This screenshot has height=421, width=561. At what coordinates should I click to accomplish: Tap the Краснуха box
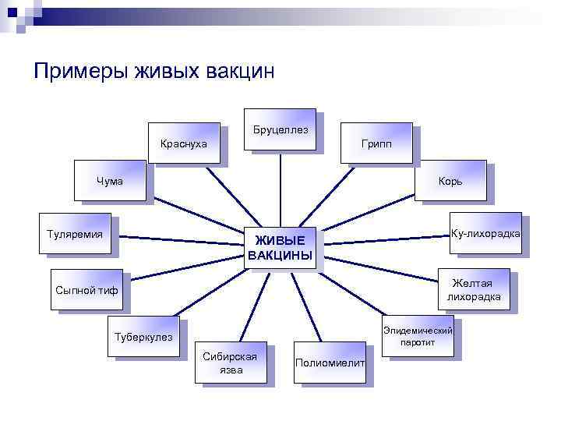183,143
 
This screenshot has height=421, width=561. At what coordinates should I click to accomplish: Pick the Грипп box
376,143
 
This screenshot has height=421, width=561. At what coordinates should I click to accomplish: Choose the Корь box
450,181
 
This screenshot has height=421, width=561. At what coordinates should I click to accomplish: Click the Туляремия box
75,233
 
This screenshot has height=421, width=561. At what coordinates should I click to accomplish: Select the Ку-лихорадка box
485,233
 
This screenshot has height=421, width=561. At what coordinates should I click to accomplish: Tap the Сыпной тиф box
86,290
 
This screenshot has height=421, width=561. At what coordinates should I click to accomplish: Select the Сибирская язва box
231,363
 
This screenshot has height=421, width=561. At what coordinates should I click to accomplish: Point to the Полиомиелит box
330,363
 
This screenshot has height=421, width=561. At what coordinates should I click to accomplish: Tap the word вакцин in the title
240,72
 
